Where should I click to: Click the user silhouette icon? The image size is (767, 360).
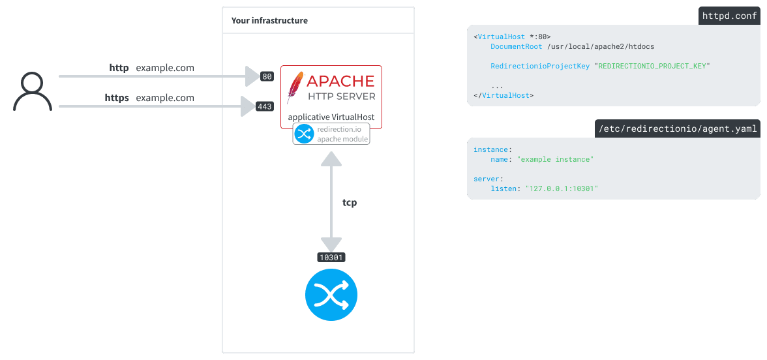tap(33, 91)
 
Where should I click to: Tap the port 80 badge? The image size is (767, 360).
tap(267, 76)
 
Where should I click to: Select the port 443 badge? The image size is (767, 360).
tap(265, 106)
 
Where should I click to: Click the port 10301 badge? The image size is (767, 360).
tap(331, 258)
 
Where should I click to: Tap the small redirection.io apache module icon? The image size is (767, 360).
tap(304, 134)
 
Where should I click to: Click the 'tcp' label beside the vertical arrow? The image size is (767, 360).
tap(350, 203)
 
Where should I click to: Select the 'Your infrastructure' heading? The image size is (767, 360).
tap(269, 21)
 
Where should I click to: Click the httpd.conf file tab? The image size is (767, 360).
tap(729, 16)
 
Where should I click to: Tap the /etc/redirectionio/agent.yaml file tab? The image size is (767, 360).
tap(677, 129)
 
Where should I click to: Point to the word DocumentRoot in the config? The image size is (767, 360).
tap(516, 47)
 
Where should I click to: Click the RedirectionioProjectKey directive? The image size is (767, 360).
tap(540, 66)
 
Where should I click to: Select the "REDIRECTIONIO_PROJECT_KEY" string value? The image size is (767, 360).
tap(652, 66)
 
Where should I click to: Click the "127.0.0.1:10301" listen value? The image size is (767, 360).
tap(557, 188)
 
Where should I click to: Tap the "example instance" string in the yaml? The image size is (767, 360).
tap(555, 159)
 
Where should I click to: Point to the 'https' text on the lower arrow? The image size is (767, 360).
tap(117, 98)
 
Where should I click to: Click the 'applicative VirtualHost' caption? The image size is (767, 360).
tap(331, 117)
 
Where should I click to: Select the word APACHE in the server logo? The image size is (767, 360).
tap(340, 82)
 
